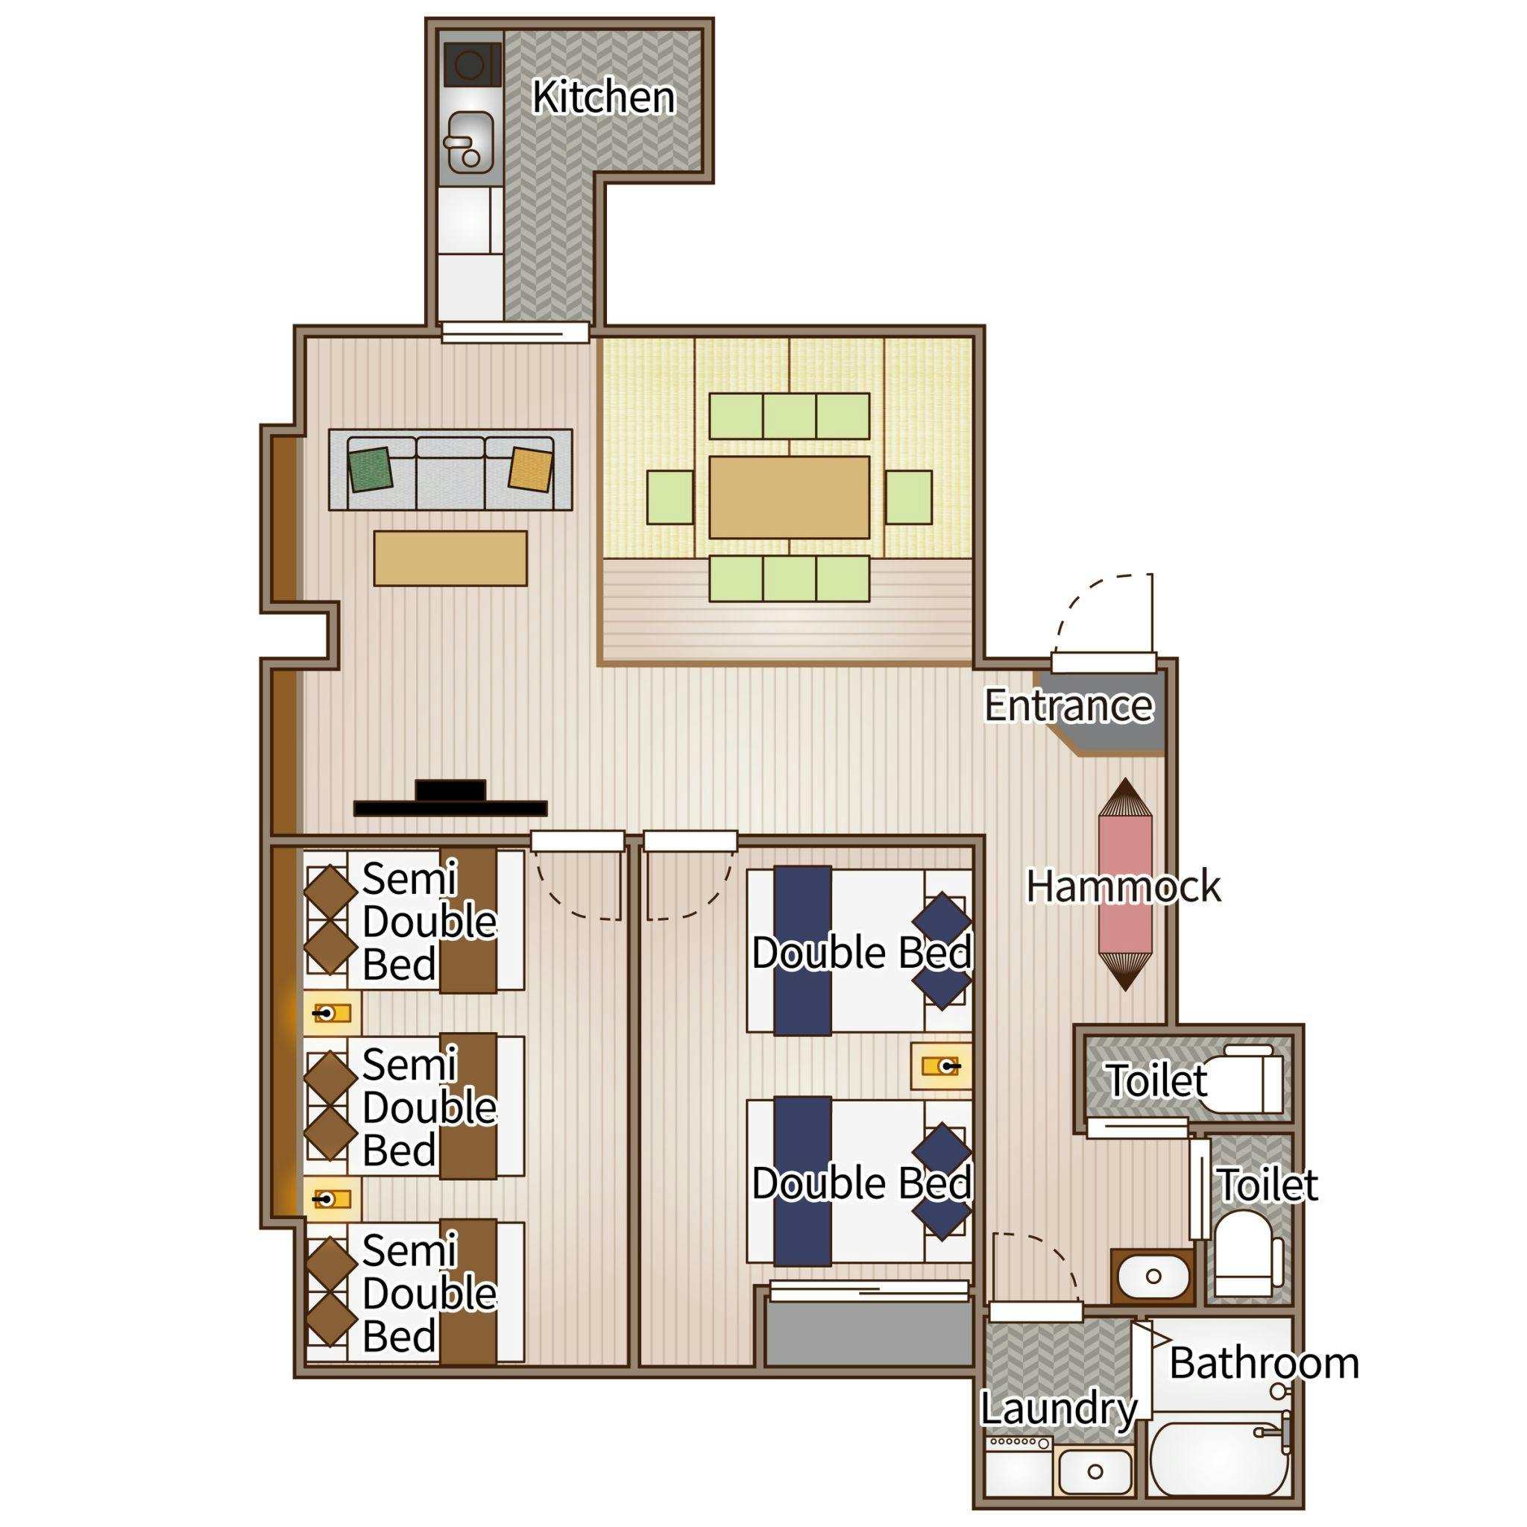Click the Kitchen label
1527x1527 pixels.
604,97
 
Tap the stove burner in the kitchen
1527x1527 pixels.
472,64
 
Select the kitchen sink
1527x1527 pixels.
470,142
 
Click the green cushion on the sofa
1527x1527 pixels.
371,470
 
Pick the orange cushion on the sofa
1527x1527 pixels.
530,470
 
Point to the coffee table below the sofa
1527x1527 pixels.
450,558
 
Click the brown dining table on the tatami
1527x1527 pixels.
789,497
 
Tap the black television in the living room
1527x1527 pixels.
450,799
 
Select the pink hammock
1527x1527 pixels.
1124,884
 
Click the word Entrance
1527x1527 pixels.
1068,705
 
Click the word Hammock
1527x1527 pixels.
1123,886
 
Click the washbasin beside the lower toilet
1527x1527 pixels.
1153,1276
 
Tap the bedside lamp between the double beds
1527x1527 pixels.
940,1066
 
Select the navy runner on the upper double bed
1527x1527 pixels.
802,951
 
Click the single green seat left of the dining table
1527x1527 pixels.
670,497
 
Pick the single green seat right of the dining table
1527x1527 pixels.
909,497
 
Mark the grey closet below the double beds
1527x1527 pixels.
869,1333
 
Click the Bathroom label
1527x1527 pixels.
1264,1364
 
